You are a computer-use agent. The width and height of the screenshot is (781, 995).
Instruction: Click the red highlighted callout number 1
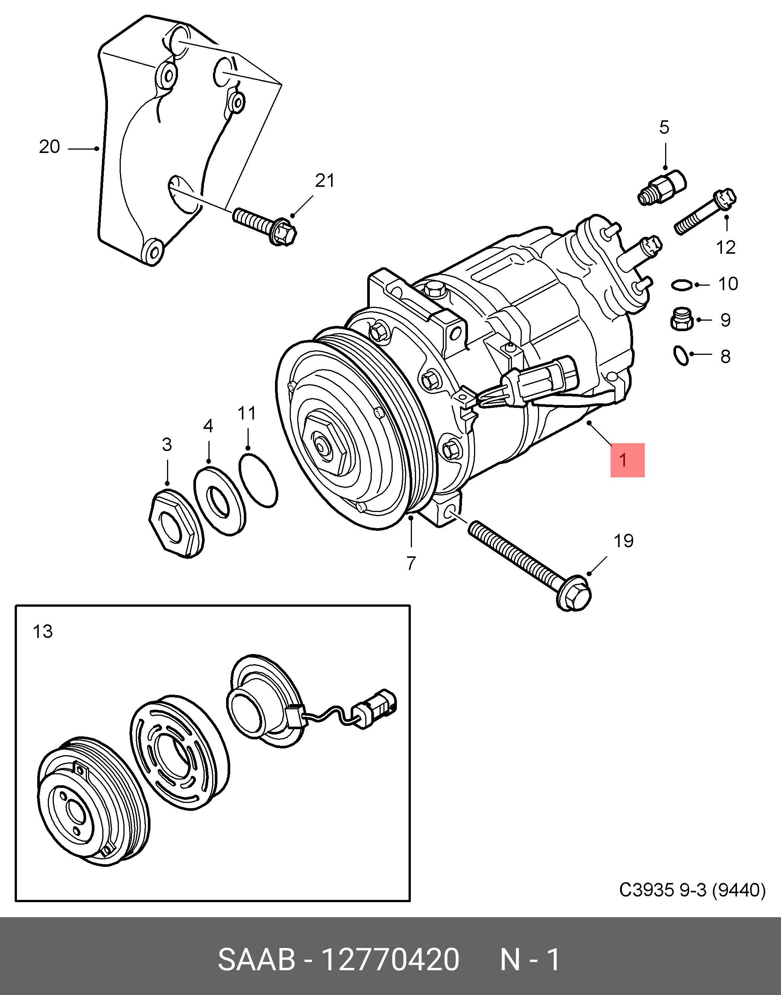[x=628, y=460]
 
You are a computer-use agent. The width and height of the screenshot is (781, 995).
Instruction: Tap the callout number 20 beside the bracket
[x=49, y=147]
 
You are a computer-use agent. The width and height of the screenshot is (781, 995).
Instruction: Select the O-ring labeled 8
[x=681, y=356]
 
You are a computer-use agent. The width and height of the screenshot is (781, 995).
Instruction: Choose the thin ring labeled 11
[x=258, y=480]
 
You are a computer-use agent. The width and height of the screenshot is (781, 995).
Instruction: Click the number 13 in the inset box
[x=43, y=632]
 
